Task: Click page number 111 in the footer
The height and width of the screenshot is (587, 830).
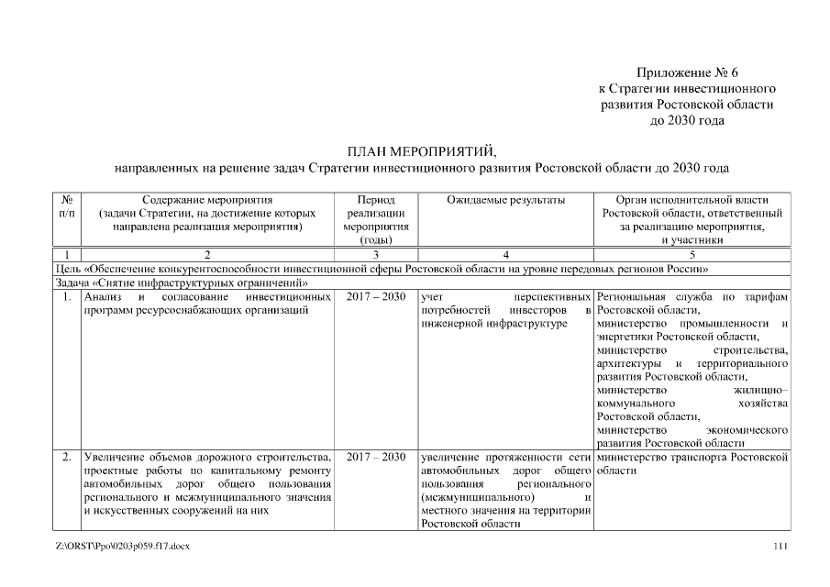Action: [x=780, y=547]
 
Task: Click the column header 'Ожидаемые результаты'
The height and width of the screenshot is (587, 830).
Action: [x=504, y=200]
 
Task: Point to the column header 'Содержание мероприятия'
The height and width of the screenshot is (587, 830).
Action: [x=207, y=200]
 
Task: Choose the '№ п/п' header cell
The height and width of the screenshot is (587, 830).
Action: [x=67, y=206]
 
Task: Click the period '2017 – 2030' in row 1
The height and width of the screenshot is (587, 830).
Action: [x=376, y=298]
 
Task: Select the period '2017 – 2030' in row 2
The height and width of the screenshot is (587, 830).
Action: [x=376, y=456]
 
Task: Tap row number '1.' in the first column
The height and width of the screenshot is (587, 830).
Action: [x=67, y=298]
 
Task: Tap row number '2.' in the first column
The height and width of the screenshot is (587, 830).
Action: [x=67, y=456]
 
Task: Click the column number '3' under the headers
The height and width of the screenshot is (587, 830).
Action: [x=376, y=254]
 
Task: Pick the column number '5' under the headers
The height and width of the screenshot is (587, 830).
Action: [x=692, y=254]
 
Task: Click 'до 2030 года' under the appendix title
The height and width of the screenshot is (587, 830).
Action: [x=686, y=120]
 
